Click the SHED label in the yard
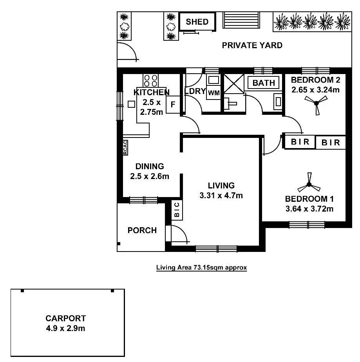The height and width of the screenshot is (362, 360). [197, 22]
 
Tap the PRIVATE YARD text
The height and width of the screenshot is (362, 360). [252, 45]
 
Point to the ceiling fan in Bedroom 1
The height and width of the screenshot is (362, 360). [309, 184]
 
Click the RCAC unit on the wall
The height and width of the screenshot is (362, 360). [125, 148]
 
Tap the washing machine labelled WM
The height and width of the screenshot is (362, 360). [213, 93]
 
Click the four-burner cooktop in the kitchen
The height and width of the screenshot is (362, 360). [151, 80]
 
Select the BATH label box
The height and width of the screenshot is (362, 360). [264, 83]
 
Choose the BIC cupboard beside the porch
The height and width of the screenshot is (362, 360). [177, 210]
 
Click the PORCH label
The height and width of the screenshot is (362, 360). [142, 230]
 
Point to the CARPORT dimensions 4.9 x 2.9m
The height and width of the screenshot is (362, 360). [65, 328]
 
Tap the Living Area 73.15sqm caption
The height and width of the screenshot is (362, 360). [201, 268]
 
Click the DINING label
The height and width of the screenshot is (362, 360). [150, 166]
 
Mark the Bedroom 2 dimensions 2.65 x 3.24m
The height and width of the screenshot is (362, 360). [315, 89]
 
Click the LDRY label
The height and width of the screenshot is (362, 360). [195, 91]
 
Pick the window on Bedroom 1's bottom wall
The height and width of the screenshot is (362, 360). [307, 225]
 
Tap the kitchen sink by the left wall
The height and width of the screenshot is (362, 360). [131, 104]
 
